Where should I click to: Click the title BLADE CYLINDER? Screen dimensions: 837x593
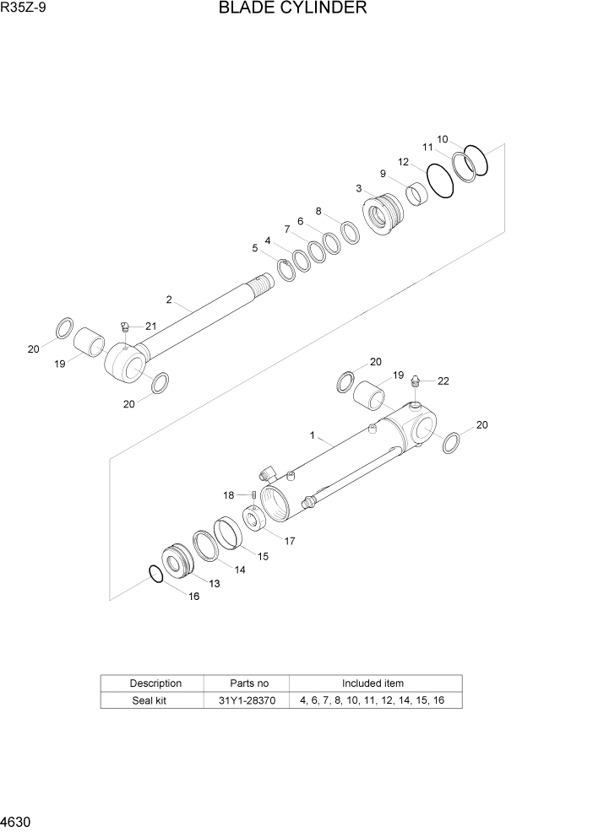coord(292,9)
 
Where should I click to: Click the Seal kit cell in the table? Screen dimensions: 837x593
coord(152,700)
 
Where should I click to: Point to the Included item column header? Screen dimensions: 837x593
coord(373,683)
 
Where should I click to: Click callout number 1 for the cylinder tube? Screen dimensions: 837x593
coord(313,436)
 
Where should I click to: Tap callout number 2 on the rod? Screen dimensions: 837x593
coord(169,300)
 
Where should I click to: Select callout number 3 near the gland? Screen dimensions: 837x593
coord(359,188)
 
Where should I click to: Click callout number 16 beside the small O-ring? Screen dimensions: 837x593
coord(194,597)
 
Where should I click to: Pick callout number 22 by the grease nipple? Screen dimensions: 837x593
coord(443,381)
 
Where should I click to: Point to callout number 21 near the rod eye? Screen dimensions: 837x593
coord(150,326)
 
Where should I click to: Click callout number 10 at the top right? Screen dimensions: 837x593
coord(442,139)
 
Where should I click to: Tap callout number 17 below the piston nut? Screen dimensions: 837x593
coord(290,541)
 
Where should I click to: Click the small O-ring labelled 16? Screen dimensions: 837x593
coord(155,574)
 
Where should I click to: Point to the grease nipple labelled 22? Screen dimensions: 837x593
coord(416,381)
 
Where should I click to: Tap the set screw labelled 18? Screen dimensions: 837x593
coord(253,495)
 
